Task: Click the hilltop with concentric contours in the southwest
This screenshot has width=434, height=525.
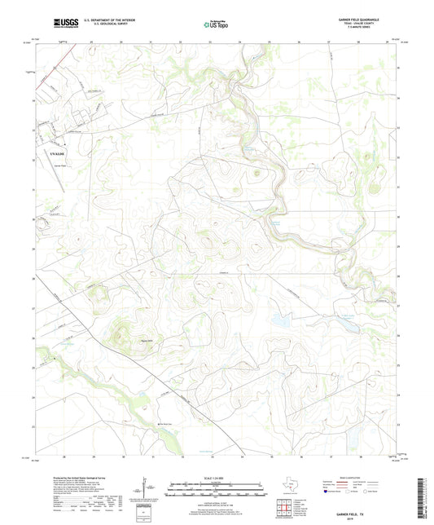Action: coord(121,332)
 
